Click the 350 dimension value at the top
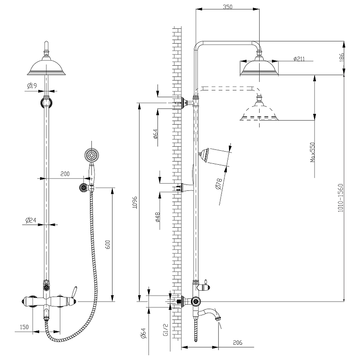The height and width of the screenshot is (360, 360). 228,7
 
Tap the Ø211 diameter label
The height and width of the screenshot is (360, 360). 299,59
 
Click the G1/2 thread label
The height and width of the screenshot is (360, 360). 166,331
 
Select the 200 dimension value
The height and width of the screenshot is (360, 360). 65,174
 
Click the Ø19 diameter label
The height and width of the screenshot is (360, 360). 31,86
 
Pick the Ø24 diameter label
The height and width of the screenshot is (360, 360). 31,220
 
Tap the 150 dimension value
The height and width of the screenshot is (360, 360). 25,327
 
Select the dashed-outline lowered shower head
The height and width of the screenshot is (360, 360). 260,113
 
